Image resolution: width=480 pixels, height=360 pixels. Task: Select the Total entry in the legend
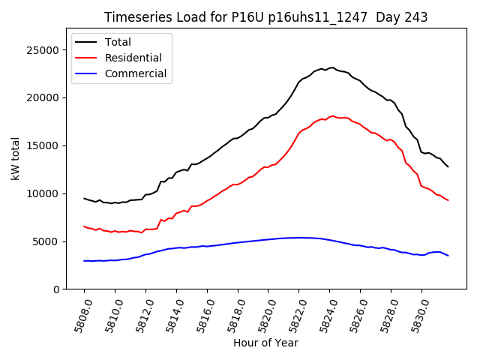click(118, 43)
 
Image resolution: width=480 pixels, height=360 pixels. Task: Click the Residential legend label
click(133, 58)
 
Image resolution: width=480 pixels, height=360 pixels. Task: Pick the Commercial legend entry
click(136, 73)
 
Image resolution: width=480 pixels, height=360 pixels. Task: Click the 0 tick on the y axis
click(54, 289)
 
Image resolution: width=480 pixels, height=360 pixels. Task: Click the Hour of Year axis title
click(265, 343)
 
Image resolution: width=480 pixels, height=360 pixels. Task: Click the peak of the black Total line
click(332, 67)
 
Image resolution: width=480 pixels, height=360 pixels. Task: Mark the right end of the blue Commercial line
click(448, 256)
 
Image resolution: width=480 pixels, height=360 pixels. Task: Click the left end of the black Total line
click(84, 198)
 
